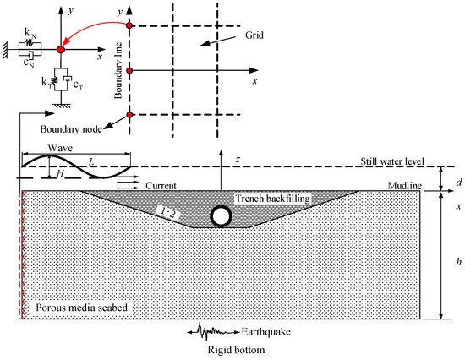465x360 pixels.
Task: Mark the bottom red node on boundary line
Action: [x=129, y=115]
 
